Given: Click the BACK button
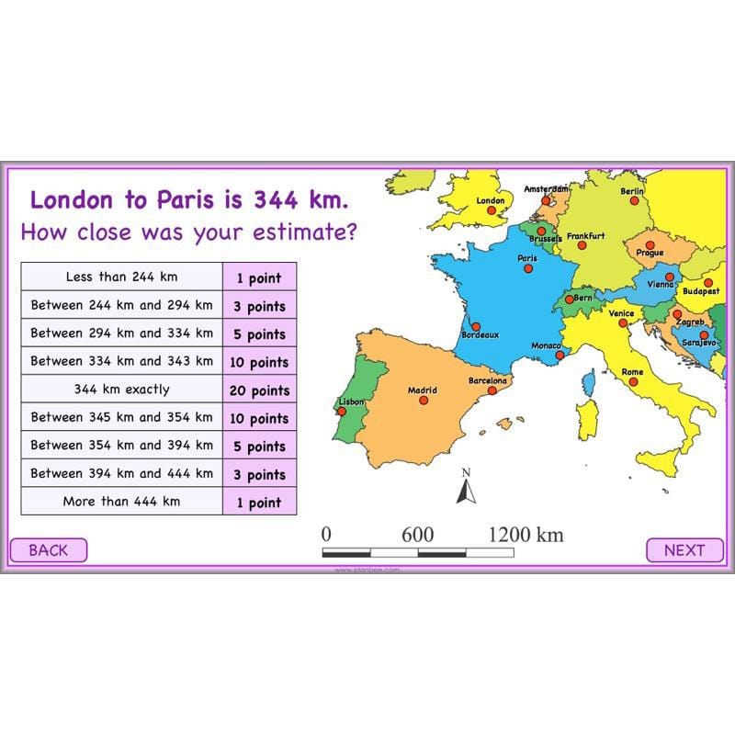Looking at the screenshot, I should pos(49,550).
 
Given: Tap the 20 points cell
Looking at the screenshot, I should pos(258,390).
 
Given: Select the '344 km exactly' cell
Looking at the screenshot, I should pos(121,390).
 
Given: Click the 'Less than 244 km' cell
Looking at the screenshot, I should pos(121,277).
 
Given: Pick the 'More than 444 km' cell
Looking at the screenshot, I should pos(121,502).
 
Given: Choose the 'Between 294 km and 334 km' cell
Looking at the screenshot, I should pos(121,334).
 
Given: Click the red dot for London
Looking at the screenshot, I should pos(491,210).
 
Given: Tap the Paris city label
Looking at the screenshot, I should pos(527,258).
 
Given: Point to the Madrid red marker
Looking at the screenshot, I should pos(424,401).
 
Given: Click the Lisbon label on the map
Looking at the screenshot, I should pos(352,401).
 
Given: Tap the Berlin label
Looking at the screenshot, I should pos(632,191).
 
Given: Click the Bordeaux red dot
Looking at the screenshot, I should pos(475,325).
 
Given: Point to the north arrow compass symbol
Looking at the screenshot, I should pos(466,489).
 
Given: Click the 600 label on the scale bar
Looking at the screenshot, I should pos(417,535).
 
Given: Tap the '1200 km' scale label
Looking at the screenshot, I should pos(526,535).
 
